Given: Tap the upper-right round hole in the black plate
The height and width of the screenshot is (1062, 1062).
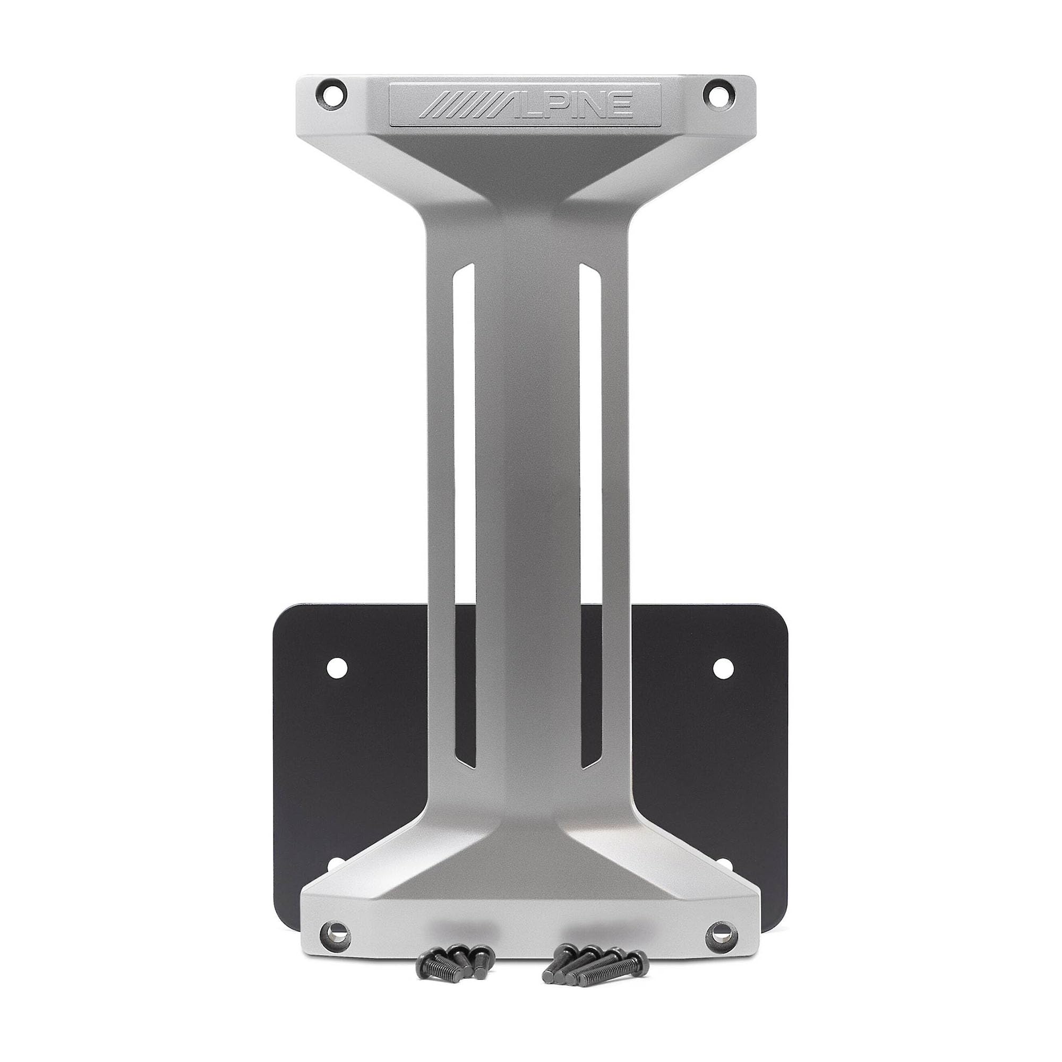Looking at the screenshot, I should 723,667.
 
